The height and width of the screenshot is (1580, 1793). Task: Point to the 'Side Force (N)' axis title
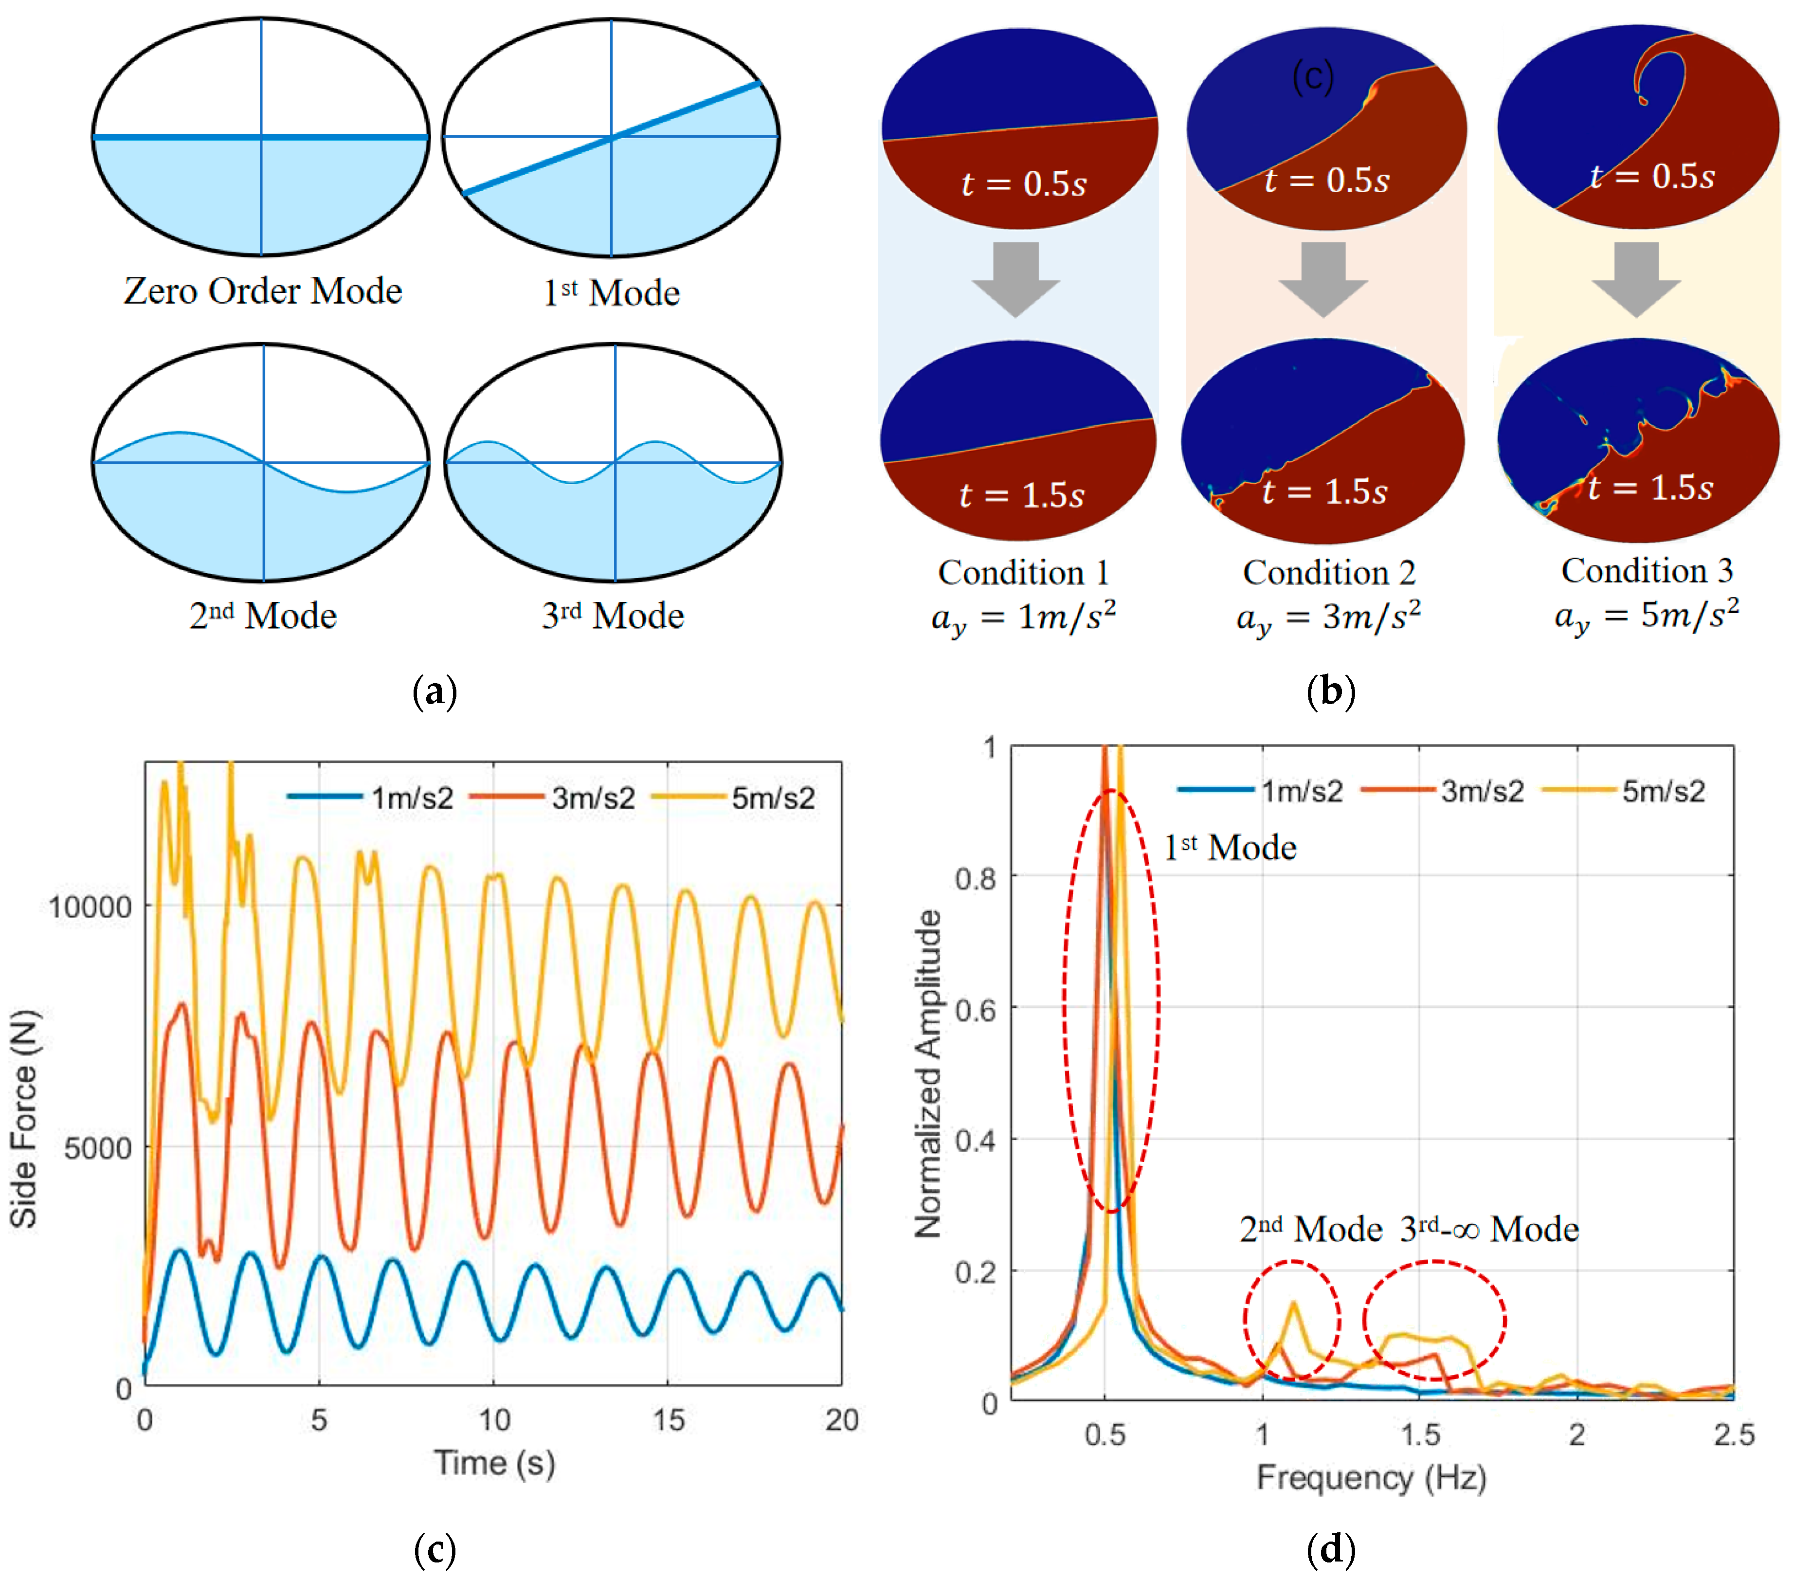pos(24,1119)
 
